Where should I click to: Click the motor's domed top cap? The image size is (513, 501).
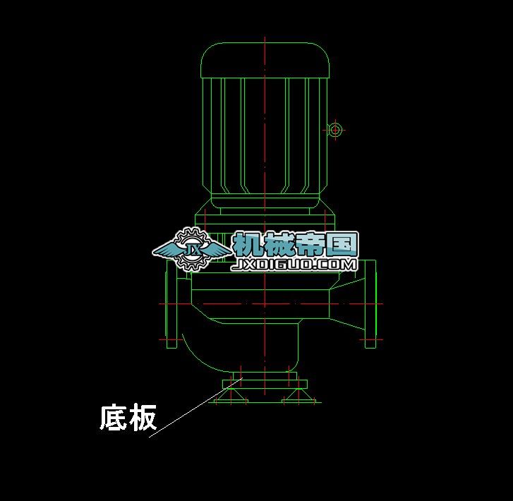point(265,59)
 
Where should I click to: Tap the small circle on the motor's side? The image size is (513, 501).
point(334,130)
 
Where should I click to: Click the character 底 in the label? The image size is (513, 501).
point(113,418)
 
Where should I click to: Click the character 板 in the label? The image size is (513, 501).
point(143,418)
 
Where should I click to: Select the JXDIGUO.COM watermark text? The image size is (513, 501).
point(295,265)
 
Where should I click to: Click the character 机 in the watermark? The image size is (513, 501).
point(247,244)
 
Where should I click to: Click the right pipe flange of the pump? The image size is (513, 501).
point(370,304)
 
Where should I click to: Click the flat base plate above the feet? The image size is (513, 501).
point(265,385)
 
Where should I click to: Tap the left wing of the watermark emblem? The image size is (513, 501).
point(167,249)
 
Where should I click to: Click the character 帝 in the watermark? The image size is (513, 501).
point(310,244)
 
